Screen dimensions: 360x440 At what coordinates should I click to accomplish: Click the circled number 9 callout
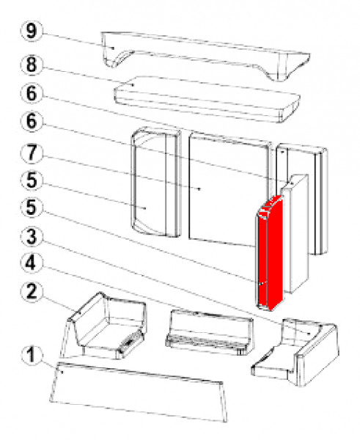tap(32, 31)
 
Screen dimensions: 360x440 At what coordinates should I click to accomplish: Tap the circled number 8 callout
tap(32, 65)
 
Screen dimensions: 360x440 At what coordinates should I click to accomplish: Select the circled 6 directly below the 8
tap(32, 93)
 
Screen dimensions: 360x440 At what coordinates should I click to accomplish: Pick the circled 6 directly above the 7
tap(32, 121)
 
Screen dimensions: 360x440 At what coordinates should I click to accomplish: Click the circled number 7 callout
tap(32, 153)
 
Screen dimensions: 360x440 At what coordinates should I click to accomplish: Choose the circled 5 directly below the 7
tap(32, 180)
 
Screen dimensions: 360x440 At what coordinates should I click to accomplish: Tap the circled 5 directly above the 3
tap(32, 208)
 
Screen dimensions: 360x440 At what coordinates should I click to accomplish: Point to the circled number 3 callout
tap(32, 236)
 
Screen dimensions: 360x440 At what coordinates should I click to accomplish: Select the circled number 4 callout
tap(32, 263)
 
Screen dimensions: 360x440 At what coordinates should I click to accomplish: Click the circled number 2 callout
tap(32, 291)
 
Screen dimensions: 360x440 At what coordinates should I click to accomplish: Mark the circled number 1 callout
tap(32, 355)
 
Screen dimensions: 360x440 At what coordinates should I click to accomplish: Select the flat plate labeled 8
tap(207, 100)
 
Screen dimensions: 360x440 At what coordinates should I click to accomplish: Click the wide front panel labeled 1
tap(139, 392)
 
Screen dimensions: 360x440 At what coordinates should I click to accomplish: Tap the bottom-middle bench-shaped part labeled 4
tap(209, 331)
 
